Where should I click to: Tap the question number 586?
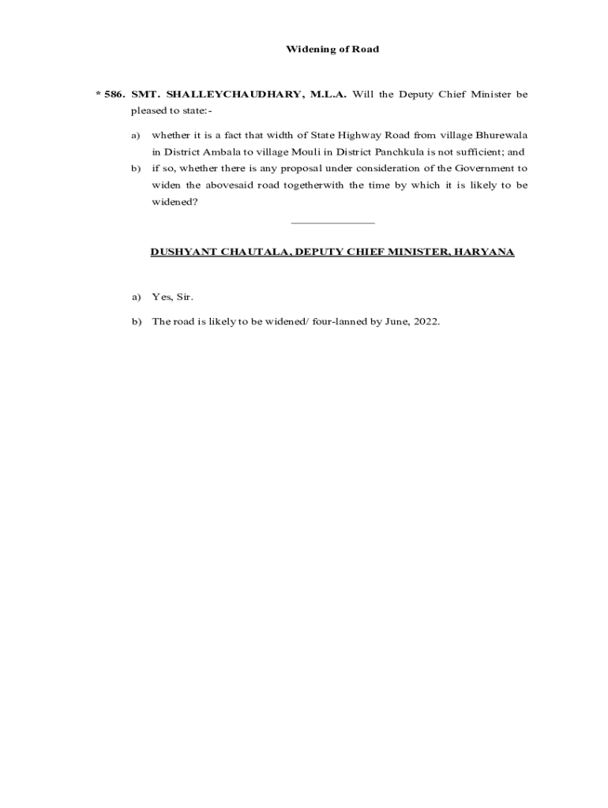(x=114, y=95)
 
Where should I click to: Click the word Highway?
(x=359, y=135)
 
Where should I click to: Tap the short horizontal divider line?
(x=332, y=223)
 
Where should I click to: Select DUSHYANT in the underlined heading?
(x=181, y=252)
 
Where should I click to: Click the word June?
(x=396, y=321)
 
